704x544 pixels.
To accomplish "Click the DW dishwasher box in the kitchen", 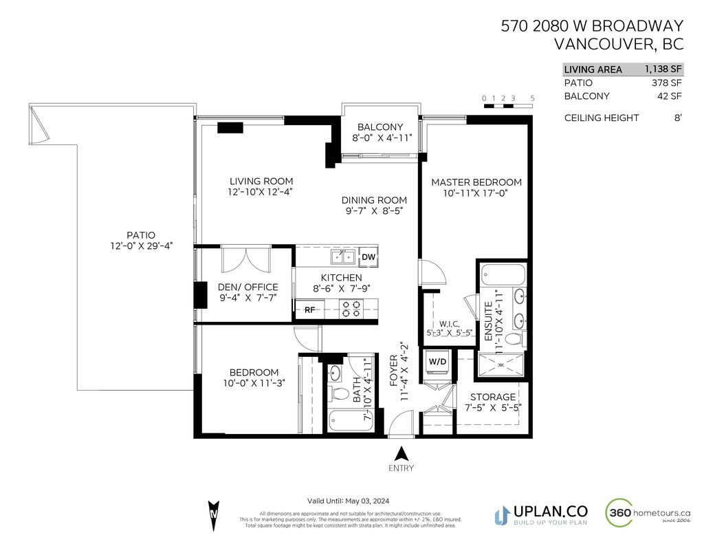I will click(368, 257).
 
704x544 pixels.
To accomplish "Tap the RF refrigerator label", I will click(310, 310).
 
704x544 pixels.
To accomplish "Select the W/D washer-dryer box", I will click(437, 362).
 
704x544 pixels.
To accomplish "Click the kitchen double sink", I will click(342, 257).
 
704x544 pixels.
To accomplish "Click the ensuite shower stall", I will click(503, 365).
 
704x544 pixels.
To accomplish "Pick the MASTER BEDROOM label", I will click(476, 182).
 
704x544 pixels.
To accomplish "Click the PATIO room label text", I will click(140, 235).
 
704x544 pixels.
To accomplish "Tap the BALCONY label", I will click(379, 127).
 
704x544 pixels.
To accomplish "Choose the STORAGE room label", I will click(492, 397).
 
